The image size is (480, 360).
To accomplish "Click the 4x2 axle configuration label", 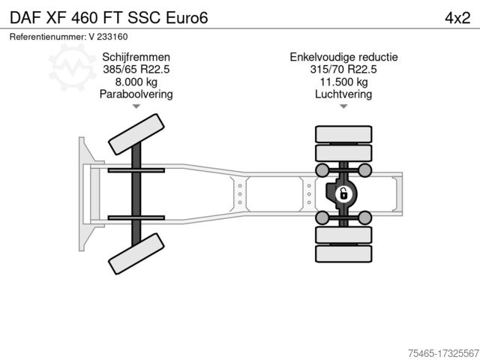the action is click(x=457, y=18).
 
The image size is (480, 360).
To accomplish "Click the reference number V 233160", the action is click(x=108, y=37).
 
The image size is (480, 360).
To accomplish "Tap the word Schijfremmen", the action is click(x=136, y=57).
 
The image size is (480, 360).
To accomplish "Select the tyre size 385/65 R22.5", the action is click(x=136, y=69).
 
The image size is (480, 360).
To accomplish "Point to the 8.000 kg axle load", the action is click(x=136, y=82).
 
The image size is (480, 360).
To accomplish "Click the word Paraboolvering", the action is click(x=136, y=94).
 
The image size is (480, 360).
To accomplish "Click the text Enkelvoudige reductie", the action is click(x=343, y=57).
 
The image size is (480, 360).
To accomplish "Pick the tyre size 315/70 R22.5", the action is click(x=343, y=69).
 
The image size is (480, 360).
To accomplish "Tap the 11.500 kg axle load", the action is click(x=343, y=82).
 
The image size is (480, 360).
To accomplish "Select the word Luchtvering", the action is click(x=343, y=94).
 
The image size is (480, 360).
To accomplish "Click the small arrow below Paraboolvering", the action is click(x=136, y=106).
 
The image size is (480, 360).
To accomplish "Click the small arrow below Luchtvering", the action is click(x=343, y=106).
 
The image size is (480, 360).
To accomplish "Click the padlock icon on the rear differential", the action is click(x=343, y=194).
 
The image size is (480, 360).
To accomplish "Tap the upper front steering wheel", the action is click(x=136, y=134).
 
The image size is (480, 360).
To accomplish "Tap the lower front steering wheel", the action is click(x=136, y=253).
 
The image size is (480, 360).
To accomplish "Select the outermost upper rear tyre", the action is click(x=343, y=134).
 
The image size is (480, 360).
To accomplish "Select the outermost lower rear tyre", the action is click(x=343, y=253).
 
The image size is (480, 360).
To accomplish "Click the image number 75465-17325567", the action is click(x=443, y=353).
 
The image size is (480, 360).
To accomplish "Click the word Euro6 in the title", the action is click(x=187, y=18).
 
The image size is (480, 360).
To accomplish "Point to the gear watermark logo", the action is click(x=72, y=67).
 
